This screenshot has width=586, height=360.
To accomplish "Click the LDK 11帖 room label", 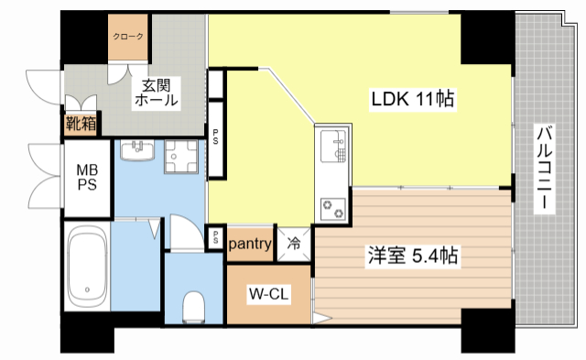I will (413, 98).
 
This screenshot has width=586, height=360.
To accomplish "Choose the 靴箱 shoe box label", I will (81, 123).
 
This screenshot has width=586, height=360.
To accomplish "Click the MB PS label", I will (87, 176).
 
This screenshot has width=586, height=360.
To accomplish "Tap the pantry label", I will (249, 244).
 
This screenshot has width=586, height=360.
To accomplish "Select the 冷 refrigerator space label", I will (294, 244).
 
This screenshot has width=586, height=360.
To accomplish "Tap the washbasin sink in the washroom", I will (139, 151).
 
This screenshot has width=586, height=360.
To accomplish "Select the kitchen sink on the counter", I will (332, 145).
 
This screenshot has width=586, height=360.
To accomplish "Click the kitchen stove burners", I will (331, 208).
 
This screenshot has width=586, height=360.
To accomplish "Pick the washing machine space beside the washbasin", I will (182, 158).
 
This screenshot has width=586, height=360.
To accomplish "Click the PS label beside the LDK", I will (216, 138).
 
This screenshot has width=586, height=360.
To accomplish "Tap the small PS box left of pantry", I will (214, 237).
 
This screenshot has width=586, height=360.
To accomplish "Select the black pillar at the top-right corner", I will (482, 38).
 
